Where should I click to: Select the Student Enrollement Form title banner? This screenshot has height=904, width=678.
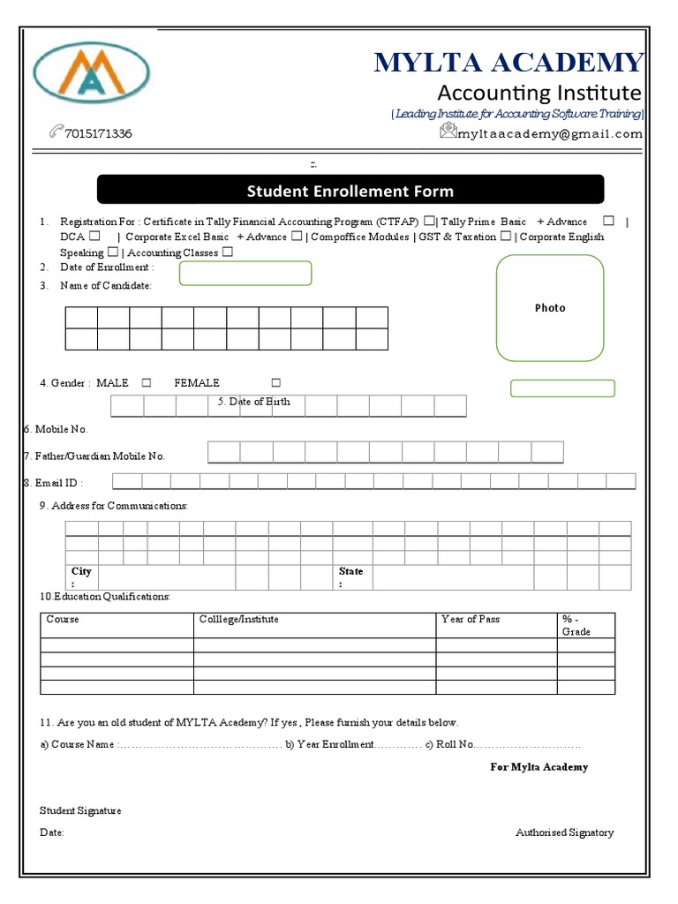(x=350, y=190)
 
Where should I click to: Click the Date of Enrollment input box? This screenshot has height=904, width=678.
(x=245, y=274)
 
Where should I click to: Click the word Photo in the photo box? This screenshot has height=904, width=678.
(x=549, y=308)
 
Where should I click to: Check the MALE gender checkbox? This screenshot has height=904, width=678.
(x=147, y=383)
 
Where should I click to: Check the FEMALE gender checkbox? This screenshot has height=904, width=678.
(x=276, y=383)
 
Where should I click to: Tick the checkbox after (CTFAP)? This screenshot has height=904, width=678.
(x=429, y=222)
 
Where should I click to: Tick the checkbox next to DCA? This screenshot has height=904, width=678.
(x=94, y=237)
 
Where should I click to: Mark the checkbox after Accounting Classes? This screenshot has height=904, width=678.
(x=228, y=252)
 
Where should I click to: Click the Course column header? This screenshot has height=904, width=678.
(x=63, y=620)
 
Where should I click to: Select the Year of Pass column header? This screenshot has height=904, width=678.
(x=470, y=620)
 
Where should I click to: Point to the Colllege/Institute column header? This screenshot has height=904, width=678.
(x=239, y=620)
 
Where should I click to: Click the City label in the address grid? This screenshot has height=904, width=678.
(x=81, y=572)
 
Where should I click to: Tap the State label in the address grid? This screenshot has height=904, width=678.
(x=350, y=572)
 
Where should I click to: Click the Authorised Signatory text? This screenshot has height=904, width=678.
(x=564, y=832)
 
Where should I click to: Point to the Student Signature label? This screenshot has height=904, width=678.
(x=80, y=810)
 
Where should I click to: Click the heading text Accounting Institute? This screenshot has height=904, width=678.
(x=539, y=93)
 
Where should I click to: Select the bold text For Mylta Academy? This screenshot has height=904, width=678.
(x=539, y=767)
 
